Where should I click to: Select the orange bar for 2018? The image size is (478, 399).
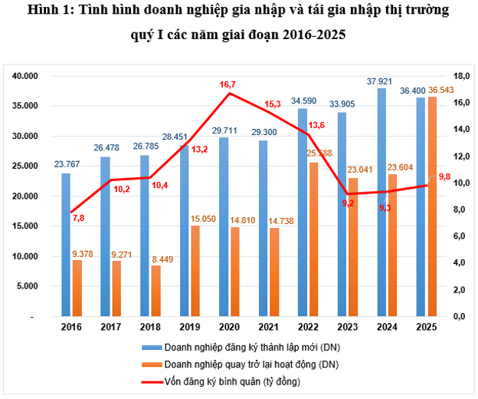tap(156, 291)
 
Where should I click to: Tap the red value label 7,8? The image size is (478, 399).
tap(80, 219)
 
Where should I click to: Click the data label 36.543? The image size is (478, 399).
tap(442, 91)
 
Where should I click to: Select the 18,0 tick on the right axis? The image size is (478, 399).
tap(461, 76)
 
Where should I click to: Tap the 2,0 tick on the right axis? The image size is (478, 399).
tap(461, 290)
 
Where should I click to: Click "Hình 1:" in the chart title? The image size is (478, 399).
tap(47, 11)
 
